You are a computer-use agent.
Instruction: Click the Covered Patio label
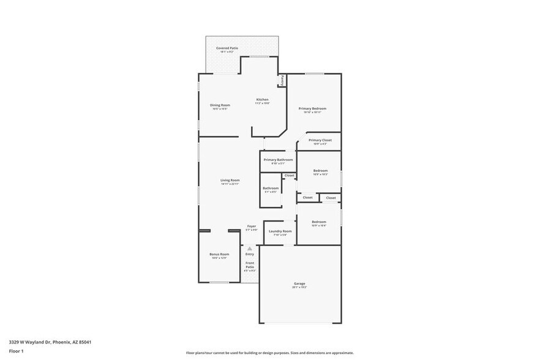[x=227, y=48]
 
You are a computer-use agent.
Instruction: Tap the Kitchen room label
[x=262, y=100]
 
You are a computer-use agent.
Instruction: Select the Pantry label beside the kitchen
[x=282, y=81]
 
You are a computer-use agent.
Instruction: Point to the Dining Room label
[x=220, y=106]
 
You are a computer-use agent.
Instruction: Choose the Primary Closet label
[x=320, y=141]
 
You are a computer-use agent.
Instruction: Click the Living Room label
[x=230, y=181]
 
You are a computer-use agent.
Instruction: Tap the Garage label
[x=299, y=284]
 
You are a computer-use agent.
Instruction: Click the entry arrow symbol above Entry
[x=249, y=248]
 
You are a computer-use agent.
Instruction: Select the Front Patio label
[x=250, y=264]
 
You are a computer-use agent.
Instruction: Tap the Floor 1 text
[x=16, y=351]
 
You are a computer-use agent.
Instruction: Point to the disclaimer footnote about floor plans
[x=269, y=353]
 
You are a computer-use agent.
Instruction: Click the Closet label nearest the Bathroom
[x=289, y=176]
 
